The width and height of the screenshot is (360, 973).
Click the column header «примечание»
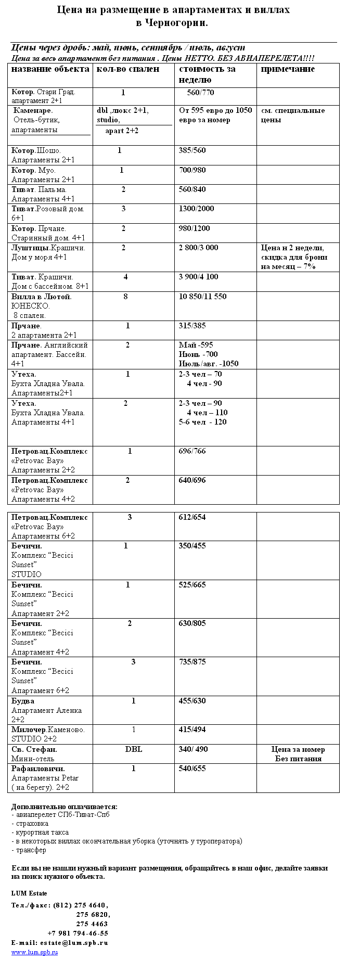pos(288,69)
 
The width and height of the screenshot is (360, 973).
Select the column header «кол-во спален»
pos(127,69)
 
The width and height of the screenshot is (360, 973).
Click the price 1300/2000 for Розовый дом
pos(196,209)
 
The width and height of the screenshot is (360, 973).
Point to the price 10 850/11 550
pos(202,297)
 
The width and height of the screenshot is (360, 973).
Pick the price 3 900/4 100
pos(199,277)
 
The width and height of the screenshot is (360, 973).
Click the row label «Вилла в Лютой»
pos(42,297)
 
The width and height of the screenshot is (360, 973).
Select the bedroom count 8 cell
pos(126,297)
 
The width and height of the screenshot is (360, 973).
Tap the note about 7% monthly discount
pos(294,257)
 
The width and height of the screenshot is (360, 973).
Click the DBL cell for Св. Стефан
pos(134,749)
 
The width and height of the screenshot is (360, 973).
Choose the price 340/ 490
pos(193,749)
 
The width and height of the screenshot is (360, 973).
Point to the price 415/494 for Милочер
pos(192,729)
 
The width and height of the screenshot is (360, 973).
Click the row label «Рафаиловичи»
pos(38,769)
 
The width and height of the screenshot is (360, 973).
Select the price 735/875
pos(192,662)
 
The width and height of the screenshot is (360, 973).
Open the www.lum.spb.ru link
pos(35,952)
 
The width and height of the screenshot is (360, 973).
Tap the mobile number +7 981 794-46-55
pos(78,933)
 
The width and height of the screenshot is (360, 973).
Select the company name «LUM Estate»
pos(29,893)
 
